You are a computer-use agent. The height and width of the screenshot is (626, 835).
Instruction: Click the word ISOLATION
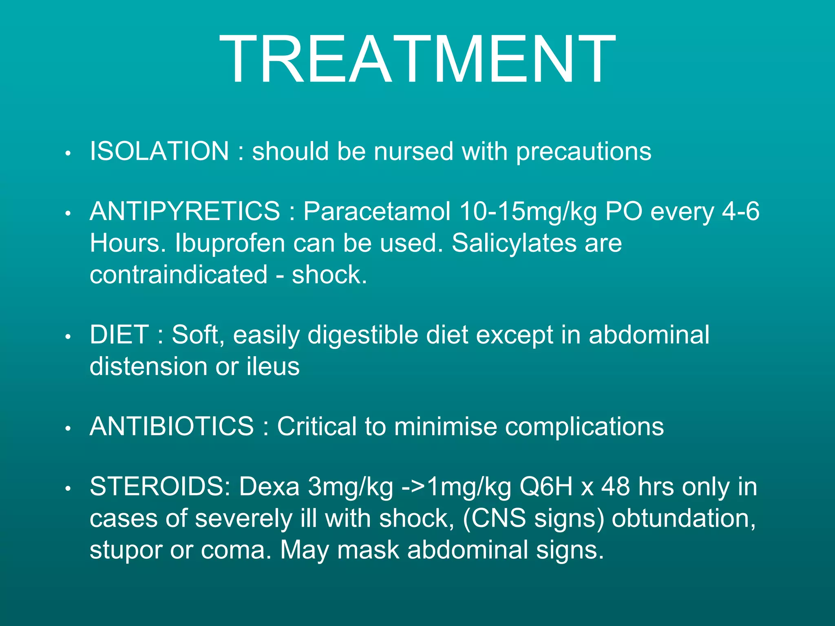coord(159,151)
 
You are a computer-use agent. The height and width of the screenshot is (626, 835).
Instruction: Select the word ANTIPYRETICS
coord(185,212)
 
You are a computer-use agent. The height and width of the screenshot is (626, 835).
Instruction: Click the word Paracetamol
coord(377,212)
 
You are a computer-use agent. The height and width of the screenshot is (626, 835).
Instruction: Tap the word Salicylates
coord(514,243)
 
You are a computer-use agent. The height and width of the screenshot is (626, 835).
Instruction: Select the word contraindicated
coord(179,274)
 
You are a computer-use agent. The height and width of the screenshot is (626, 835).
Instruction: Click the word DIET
coord(119,335)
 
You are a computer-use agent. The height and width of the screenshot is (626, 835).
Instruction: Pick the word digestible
coord(362,335)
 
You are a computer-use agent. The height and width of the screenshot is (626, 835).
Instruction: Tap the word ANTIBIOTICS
coord(172,427)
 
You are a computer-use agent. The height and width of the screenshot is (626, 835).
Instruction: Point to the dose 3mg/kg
coord(350,487)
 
